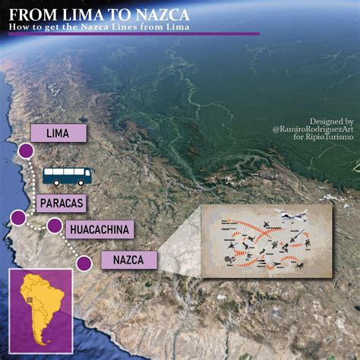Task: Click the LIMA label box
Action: (x=58, y=133)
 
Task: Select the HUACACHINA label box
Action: (x=100, y=229)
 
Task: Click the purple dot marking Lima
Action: (x=25, y=151)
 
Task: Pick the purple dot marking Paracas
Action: (x=16, y=219)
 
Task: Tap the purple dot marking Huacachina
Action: (x=54, y=226)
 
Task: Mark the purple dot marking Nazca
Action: (x=84, y=264)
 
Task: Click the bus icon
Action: (x=67, y=176)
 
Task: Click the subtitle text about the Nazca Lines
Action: (x=99, y=28)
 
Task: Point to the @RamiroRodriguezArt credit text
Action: (x=311, y=130)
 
